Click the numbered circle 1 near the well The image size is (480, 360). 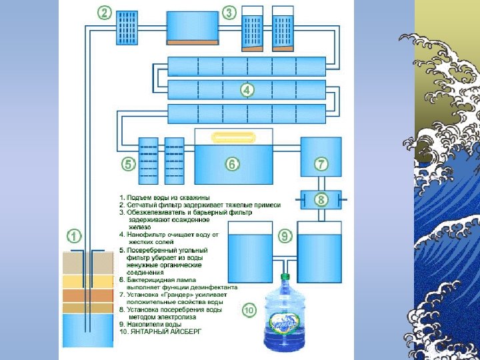tap(73, 235)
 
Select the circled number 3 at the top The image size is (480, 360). tap(229, 13)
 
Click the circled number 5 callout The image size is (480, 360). tap(127, 163)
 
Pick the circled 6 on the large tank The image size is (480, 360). tap(233, 163)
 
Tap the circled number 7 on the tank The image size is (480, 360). tap(321, 163)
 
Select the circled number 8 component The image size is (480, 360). tap(321, 199)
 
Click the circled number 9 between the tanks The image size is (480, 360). tap(285, 235)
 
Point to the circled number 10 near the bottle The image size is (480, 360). tap(248, 310)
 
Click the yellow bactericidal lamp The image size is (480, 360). tap(233, 137)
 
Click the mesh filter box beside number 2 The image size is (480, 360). tap(127, 28)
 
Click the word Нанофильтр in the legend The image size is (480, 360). tap(149, 234)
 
